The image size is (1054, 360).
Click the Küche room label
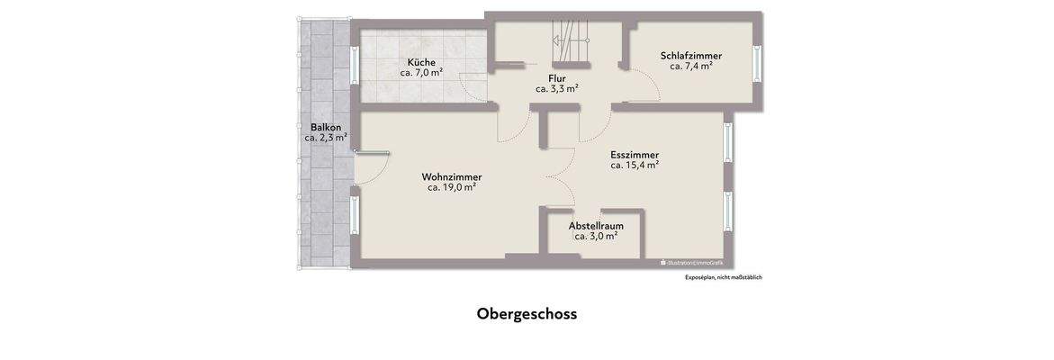point(421,62)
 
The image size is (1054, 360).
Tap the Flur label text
point(556,77)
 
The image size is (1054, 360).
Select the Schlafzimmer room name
point(690,56)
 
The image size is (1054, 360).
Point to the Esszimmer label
point(634,154)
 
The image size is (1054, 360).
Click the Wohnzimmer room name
point(451,176)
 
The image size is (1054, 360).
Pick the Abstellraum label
point(596,225)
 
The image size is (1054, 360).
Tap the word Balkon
point(325,127)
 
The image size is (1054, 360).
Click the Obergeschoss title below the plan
point(527,314)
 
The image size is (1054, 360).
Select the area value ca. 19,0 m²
point(451,187)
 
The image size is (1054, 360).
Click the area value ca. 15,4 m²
point(634,165)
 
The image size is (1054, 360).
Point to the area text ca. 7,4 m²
point(690,67)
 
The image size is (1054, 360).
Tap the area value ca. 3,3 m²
point(556,88)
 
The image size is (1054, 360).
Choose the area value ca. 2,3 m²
point(325,138)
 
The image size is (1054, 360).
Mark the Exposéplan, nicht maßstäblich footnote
point(723,277)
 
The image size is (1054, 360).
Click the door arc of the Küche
point(473,86)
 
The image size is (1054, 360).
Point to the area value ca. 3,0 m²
point(596,236)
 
